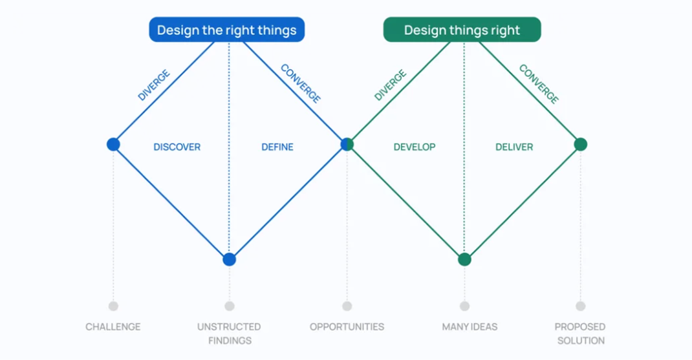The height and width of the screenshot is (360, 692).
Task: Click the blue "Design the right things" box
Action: point(226,30)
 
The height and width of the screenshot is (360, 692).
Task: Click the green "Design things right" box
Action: point(462,30)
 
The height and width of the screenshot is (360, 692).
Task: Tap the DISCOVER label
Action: point(177,147)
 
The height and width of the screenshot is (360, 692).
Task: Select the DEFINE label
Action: point(277,147)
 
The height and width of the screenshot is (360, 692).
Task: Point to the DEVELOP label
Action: point(415,147)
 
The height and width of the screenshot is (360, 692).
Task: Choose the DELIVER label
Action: point(514,147)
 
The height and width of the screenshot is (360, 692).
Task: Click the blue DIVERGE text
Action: point(154,85)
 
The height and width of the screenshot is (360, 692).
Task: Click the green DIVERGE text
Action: point(391,85)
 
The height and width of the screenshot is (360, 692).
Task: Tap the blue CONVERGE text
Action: point(301,83)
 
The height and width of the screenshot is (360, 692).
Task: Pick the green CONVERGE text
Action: point(539,83)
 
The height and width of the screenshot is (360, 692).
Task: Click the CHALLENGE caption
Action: point(113,327)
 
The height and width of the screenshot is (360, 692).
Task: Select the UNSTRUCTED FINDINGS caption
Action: point(229,334)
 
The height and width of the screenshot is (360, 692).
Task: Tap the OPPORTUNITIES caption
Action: point(347,327)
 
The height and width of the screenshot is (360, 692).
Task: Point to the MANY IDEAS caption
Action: point(470,327)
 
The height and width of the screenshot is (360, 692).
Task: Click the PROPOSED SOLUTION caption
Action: point(580,334)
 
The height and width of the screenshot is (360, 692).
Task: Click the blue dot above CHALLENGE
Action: point(113,144)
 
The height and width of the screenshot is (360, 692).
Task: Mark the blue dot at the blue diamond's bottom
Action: point(229,260)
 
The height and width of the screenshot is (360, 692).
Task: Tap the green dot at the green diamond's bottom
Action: point(464,260)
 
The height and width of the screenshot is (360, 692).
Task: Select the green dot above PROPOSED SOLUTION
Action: point(581,144)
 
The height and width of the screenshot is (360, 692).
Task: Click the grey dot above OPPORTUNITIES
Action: point(347,306)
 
